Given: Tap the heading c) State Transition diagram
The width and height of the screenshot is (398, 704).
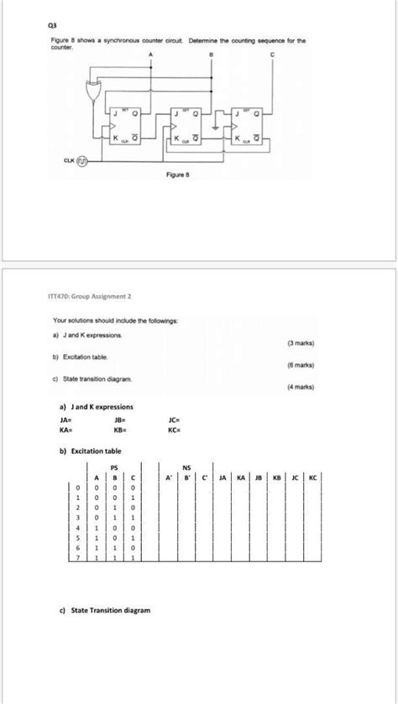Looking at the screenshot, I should point(105,610).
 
